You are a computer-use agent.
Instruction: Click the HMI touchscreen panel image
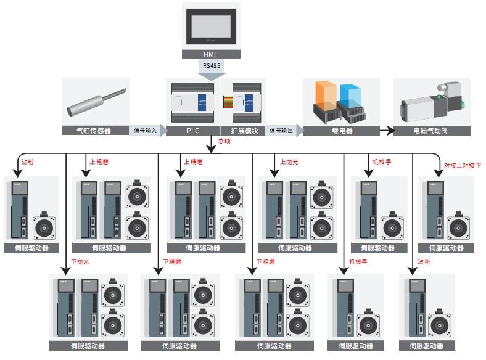[212, 27]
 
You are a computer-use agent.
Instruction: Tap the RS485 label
[212, 65]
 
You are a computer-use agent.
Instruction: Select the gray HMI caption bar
[212, 54]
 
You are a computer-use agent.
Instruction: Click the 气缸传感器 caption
[93, 131]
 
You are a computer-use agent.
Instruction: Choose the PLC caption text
[193, 131]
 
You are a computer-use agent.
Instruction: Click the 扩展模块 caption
[244, 131]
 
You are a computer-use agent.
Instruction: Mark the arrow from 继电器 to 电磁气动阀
[385, 131]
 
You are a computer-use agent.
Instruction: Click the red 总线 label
[223, 141]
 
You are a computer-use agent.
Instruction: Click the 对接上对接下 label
[463, 165]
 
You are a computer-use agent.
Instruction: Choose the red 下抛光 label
[81, 262]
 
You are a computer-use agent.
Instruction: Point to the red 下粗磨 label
[266, 262]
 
